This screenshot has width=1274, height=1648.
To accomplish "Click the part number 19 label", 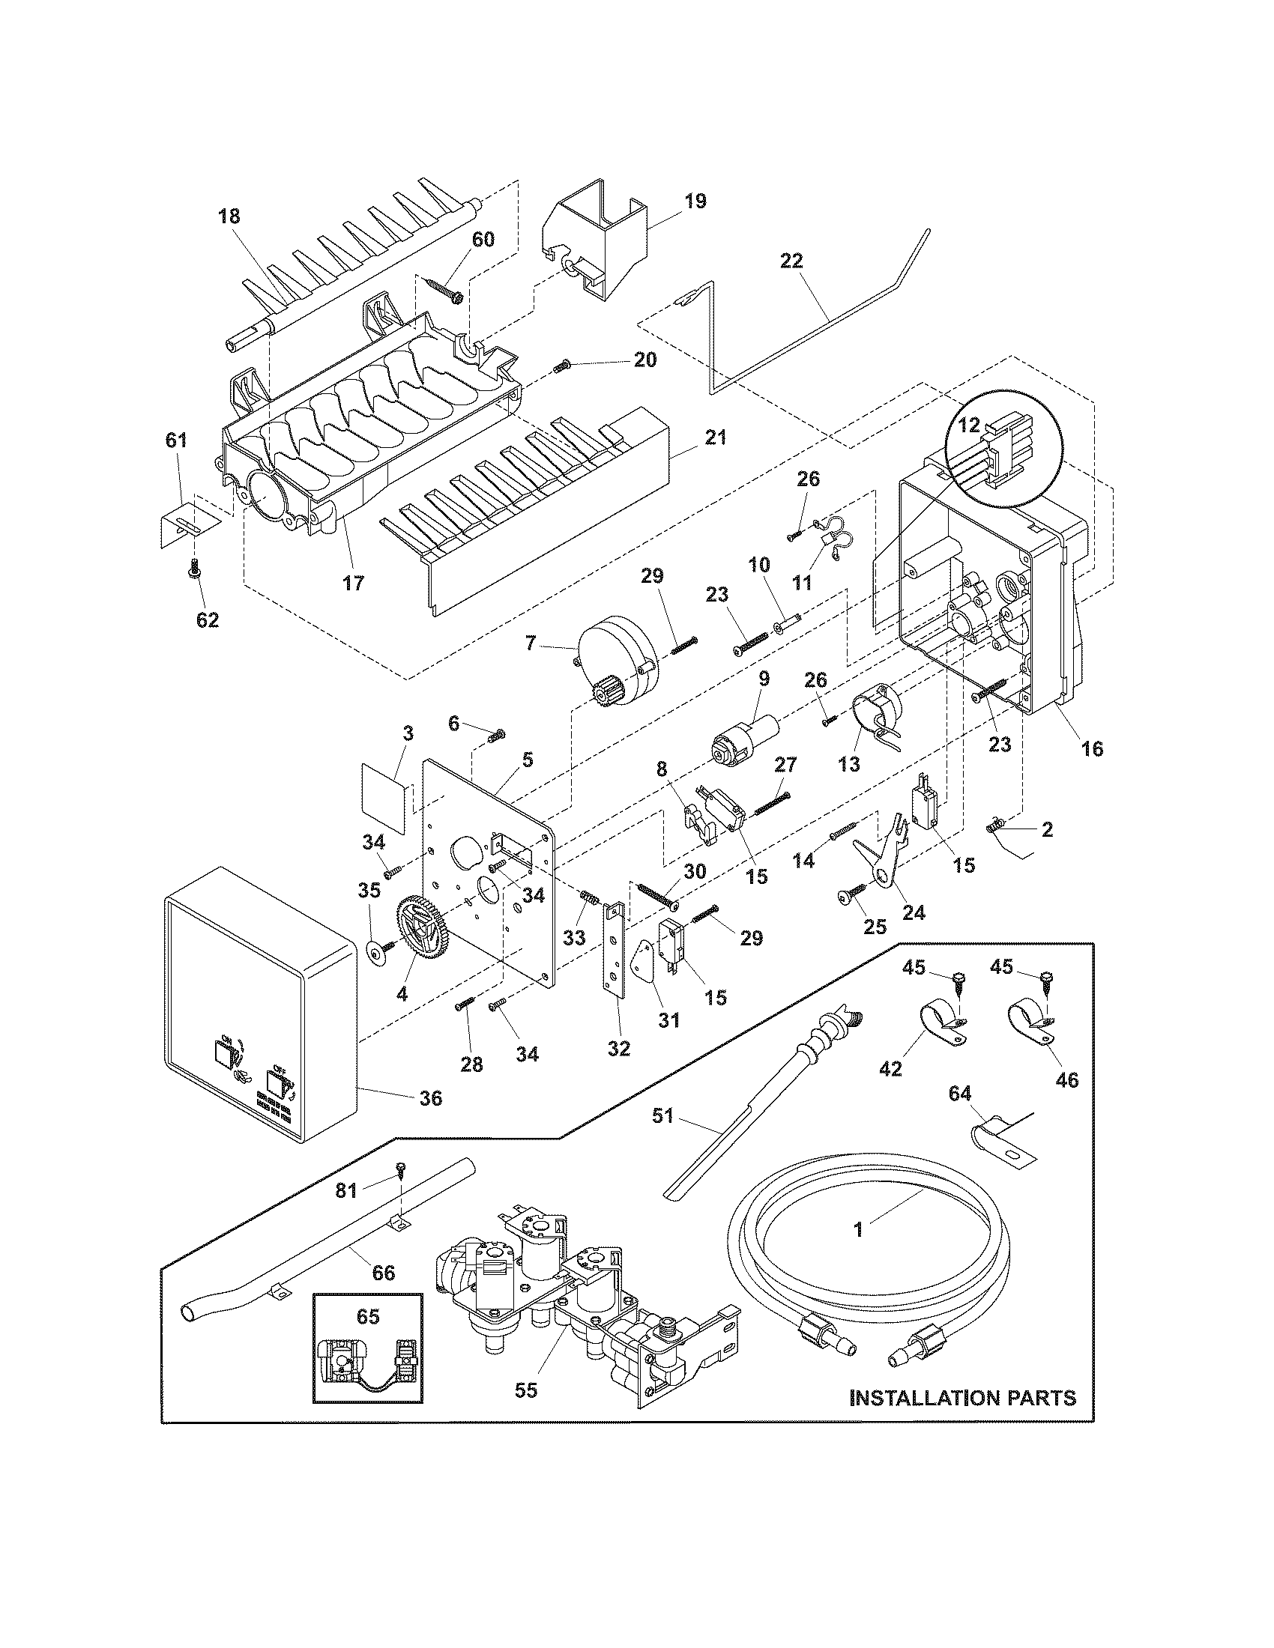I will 695,202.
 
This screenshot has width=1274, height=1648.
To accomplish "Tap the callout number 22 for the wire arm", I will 791,261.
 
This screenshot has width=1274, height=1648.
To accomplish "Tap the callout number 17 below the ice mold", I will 353,584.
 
